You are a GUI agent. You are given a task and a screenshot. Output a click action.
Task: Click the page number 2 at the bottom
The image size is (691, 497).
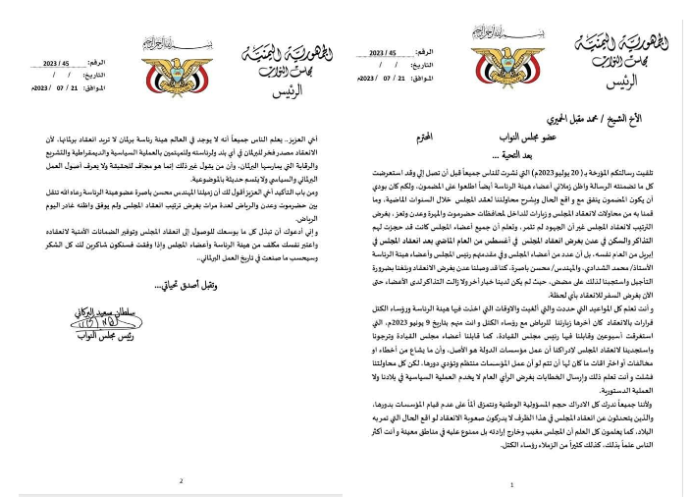click(180, 480)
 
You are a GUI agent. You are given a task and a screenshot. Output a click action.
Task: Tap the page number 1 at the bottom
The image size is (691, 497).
click(513, 484)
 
